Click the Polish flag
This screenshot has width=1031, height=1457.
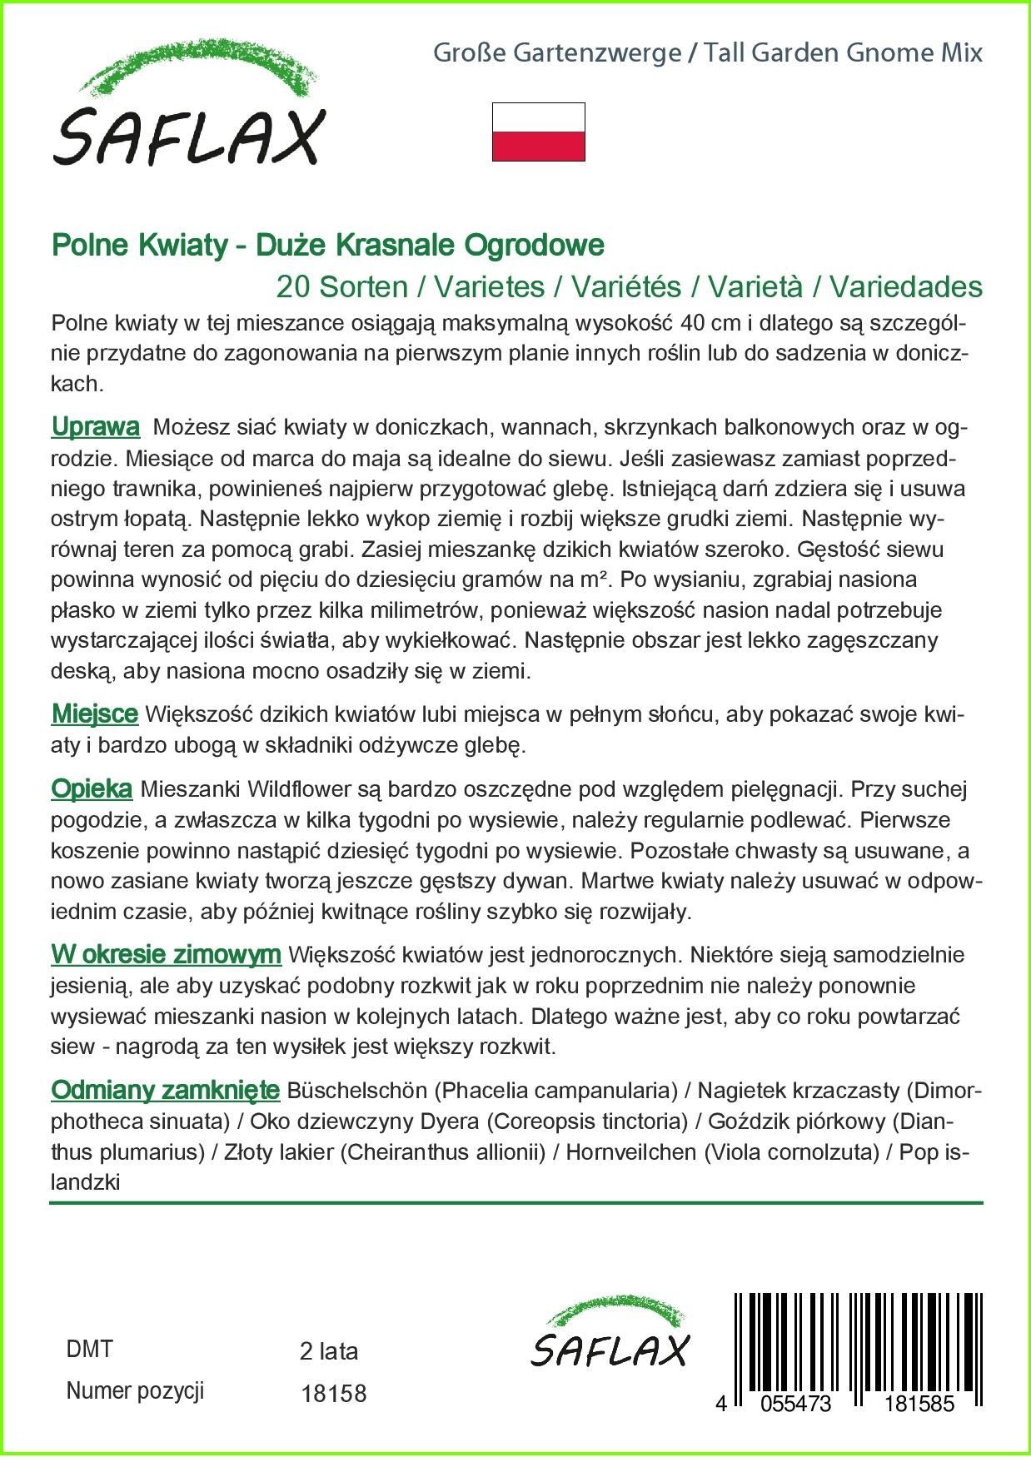(x=538, y=132)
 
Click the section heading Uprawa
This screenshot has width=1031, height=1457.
(x=95, y=427)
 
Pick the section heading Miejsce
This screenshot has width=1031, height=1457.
(x=94, y=714)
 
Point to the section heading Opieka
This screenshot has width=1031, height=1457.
(x=92, y=788)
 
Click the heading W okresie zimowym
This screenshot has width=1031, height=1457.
(x=166, y=954)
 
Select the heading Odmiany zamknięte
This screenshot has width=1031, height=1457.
(x=165, y=1089)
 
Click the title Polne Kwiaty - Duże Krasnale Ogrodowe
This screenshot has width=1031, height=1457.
(x=327, y=246)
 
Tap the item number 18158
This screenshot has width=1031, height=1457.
(x=332, y=1393)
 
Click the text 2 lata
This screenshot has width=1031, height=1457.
(x=328, y=1351)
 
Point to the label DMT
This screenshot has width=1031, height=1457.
(x=89, y=1349)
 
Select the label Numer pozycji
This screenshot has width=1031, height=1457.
(x=135, y=1390)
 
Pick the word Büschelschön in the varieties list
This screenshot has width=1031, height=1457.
(x=356, y=1090)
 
